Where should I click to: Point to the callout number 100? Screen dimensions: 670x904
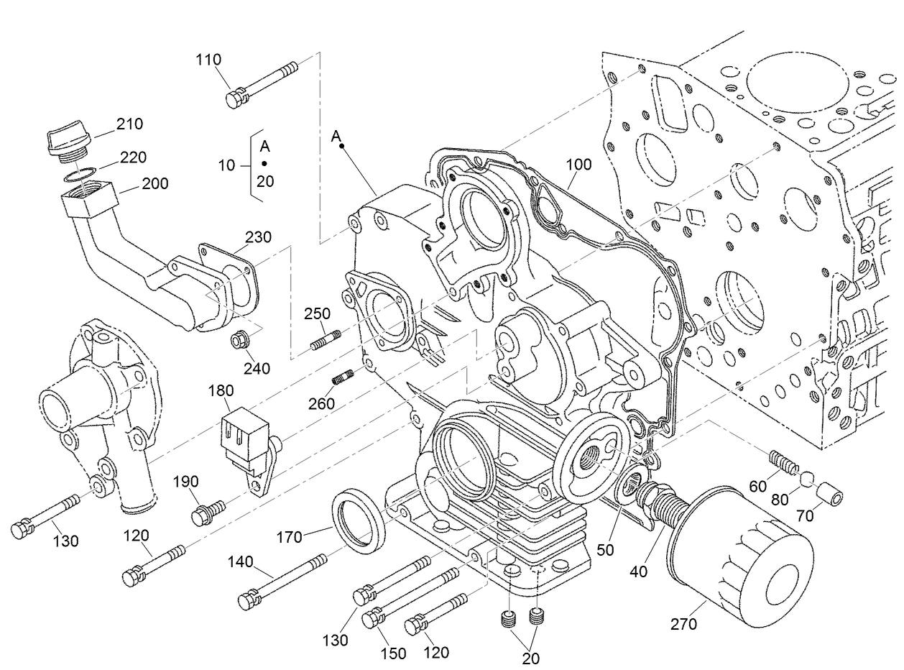pos(578,165)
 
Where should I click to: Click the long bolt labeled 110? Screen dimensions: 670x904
pos(262,83)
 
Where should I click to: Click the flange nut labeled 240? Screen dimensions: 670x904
pos(239,338)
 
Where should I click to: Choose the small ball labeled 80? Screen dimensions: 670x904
pos(807,477)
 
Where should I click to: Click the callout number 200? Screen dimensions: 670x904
pos(154,184)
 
